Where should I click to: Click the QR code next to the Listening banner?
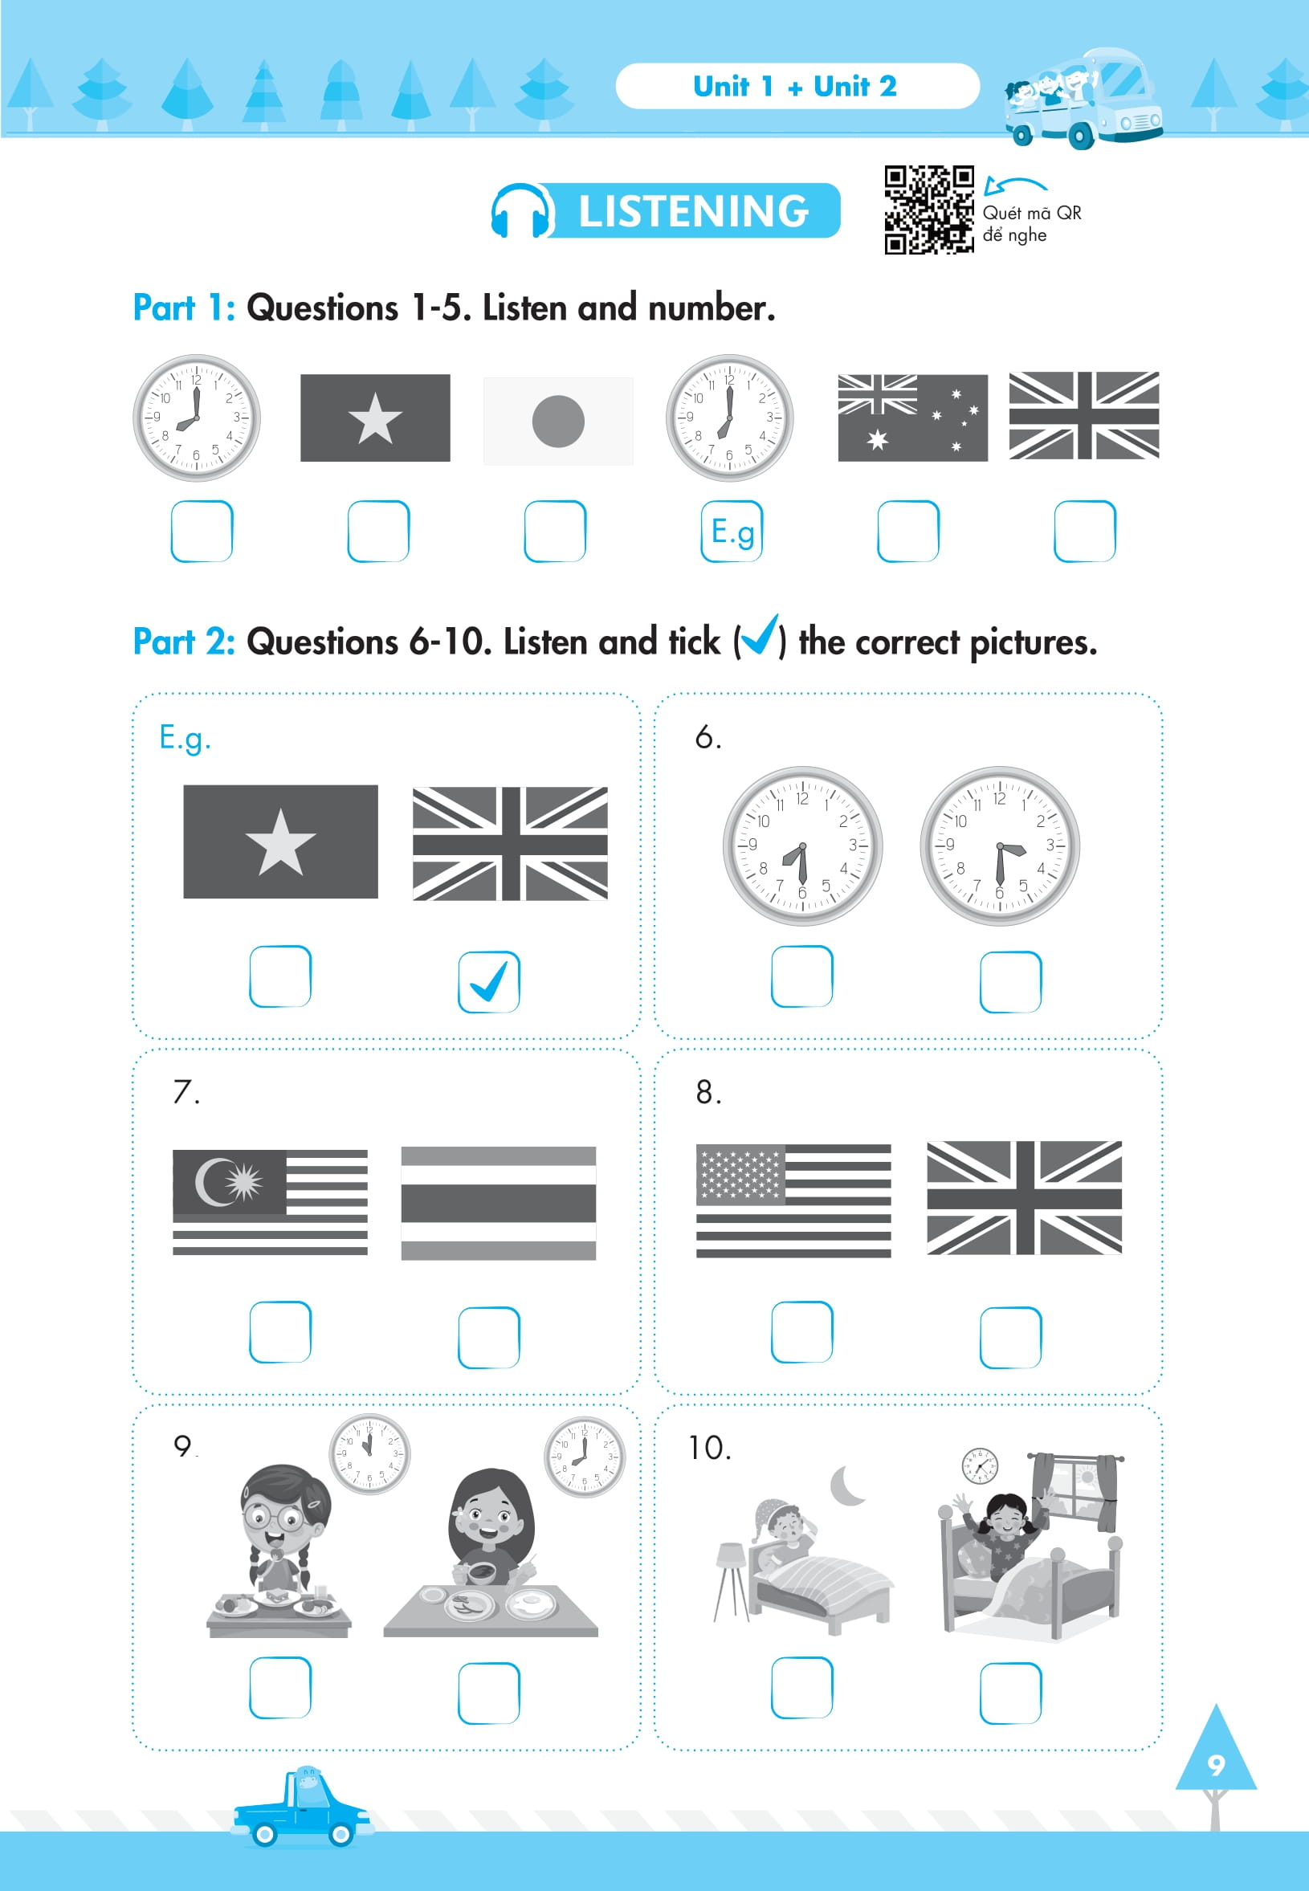(928, 210)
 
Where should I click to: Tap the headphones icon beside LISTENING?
(521, 210)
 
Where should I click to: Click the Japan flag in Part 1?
(557, 421)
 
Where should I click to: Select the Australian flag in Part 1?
(912, 418)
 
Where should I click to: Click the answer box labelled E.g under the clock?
(732, 532)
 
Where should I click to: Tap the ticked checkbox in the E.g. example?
(489, 981)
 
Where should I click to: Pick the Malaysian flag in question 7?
(270, 1202)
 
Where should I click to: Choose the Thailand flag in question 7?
(498, 1203)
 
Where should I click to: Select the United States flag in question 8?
(793, 1200)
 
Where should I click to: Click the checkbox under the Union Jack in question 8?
(1010, 1338)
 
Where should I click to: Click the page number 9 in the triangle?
(1216, 1764)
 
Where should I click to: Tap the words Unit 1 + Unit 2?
(795, 86)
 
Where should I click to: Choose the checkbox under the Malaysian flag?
(279, 1332)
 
